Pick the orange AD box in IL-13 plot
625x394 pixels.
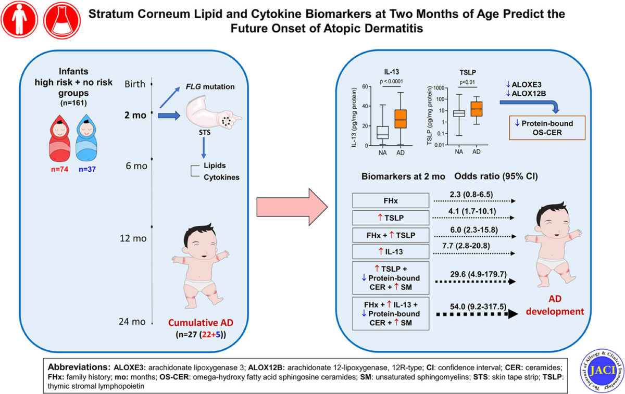pos(401,119)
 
